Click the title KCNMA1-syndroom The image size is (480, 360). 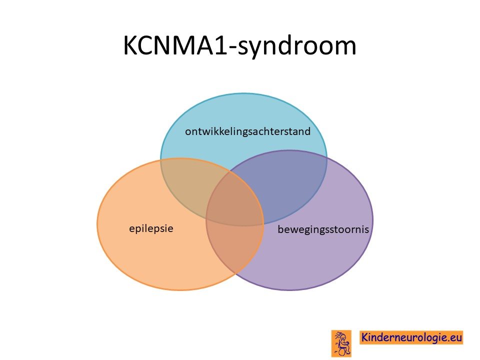click(239, 46)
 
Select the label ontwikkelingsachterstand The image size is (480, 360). click(247, 131)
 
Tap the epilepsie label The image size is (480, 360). click(151, 228)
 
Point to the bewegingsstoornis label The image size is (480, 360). click(323, 229)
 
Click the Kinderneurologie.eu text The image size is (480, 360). click(411, 337)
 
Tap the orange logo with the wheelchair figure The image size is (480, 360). click(341, 343)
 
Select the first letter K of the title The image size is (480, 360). click(130, 45)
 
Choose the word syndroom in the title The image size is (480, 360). click(297, 47)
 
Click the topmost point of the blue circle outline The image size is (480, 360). click(243, 93)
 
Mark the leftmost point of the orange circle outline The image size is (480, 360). click(97, 224)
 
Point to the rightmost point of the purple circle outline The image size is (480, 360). click(373, 220)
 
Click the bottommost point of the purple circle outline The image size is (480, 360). click(289, 290)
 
